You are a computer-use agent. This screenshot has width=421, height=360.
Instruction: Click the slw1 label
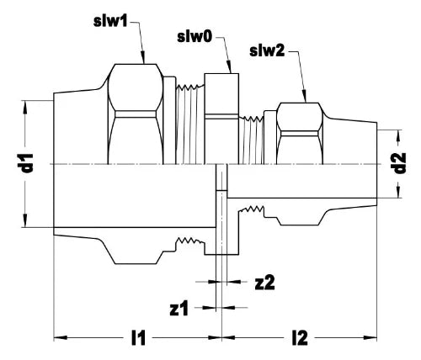coord(110,21)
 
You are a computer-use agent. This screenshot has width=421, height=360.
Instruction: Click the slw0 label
coord(195,37)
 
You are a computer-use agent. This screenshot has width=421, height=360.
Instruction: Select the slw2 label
coord(267,51)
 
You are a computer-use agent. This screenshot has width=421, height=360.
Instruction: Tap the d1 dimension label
coord(28,163)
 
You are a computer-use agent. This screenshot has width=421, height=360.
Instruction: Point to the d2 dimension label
coord(400,163)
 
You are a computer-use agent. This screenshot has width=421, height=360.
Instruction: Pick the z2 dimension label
coord(264,283)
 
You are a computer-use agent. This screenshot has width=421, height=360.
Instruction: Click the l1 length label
coord(139,338)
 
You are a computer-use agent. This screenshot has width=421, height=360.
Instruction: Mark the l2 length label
coord(300,338)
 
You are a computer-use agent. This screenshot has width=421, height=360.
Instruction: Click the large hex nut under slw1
coord(136,114)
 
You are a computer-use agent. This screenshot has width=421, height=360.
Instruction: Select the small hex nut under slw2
coord(300,134)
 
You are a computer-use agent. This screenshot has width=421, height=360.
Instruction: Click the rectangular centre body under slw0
coord(221,119)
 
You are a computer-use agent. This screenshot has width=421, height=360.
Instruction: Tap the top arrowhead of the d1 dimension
coord(25,107)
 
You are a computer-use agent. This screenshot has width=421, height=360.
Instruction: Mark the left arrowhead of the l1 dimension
coord(61,337)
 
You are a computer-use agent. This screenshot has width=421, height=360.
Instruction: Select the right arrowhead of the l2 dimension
coord(370,337)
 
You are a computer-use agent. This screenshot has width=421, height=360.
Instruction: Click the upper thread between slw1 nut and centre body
coord(190,124)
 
